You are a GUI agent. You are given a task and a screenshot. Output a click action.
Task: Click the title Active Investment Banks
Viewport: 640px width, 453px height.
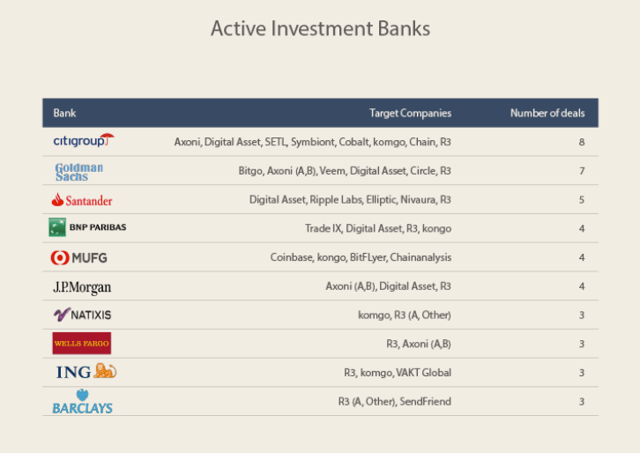[320, 28]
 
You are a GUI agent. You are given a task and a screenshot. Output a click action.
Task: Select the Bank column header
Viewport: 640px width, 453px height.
[64, 113]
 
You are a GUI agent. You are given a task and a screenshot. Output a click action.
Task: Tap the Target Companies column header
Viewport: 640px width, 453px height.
[410, 113]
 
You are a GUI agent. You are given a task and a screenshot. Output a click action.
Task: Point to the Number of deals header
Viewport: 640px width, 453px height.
[547, 113]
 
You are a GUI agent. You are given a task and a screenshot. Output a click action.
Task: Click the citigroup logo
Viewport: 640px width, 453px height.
[84, 140]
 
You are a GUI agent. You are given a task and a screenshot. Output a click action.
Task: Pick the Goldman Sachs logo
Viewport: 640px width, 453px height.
[79, 172]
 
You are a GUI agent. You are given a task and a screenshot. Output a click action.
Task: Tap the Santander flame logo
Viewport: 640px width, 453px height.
[57, 199]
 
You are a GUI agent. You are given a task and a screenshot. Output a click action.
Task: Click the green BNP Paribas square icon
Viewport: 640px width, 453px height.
[57, 227]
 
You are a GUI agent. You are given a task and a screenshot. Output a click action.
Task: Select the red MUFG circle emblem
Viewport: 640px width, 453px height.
[60, 257]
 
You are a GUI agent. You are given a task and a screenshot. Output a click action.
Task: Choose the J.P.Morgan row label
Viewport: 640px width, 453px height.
[82, 287]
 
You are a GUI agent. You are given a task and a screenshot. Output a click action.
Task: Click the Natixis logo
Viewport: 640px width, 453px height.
[83, 315]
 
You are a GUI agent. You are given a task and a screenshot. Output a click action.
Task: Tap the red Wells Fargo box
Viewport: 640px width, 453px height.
[82, 343]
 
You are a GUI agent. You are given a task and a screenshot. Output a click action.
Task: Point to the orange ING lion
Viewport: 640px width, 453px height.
[105, 371]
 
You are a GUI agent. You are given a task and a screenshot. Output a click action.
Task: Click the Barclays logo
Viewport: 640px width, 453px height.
[83, 402]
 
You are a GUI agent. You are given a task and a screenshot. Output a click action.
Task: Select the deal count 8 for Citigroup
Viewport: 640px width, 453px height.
[582, 142]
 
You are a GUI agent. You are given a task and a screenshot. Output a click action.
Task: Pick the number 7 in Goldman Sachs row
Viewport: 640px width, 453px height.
[582, 171]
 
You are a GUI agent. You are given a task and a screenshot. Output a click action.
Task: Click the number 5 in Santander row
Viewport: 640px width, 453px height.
[582, 200]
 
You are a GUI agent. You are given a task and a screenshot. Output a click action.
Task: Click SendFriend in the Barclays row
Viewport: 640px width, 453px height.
[425, 402]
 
